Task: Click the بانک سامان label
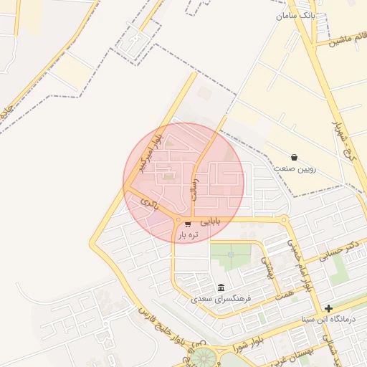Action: (295, 14)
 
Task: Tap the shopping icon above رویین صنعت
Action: (295, 157)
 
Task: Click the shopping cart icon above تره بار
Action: (188, 224)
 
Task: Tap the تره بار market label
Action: (188, 234)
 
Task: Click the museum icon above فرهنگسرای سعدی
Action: (221, 287)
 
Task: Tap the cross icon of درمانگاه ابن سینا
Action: (328, 308)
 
